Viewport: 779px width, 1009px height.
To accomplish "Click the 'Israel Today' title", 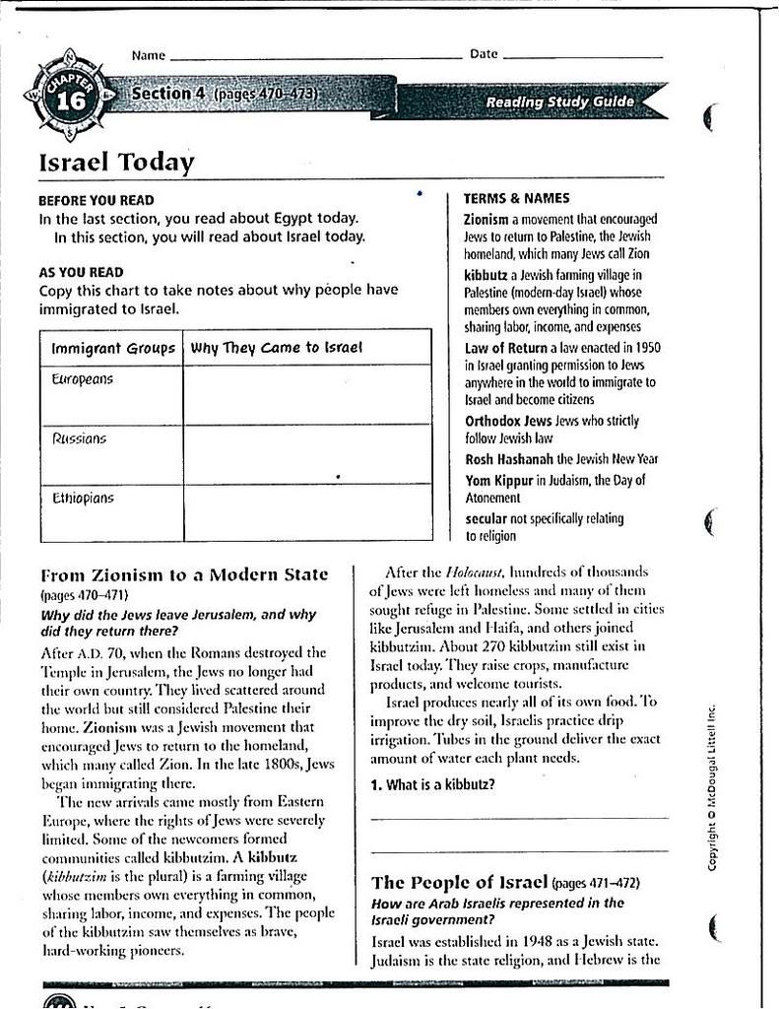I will [x=116, y=163].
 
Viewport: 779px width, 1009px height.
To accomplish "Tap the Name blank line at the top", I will [x=315, y=57].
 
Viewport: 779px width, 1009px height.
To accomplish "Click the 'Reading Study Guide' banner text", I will [x=559, y=102].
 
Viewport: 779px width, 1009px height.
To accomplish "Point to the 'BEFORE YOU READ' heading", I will [x=96, y=200].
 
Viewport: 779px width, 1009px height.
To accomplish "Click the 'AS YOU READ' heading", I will [x=81, y=272].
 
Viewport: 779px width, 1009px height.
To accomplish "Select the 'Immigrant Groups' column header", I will [x=112, y=348].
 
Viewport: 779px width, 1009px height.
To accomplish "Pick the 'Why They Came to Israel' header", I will [x=277, y=348].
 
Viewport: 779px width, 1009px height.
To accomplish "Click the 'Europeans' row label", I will [x=82, y=379].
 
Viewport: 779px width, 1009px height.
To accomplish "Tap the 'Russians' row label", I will [x=79, y=438].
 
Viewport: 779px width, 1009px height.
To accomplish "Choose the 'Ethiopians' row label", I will [x=83, y=499].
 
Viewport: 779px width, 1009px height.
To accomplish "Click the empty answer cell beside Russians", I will [x=307, y=453].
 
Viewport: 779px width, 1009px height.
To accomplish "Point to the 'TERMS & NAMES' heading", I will [x=516, y=199].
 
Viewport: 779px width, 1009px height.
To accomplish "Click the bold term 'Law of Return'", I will [x=504, y=348].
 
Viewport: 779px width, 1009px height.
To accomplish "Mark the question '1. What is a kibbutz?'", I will [x=432, y=785].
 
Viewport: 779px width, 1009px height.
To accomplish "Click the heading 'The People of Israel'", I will [x=459, y=882].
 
